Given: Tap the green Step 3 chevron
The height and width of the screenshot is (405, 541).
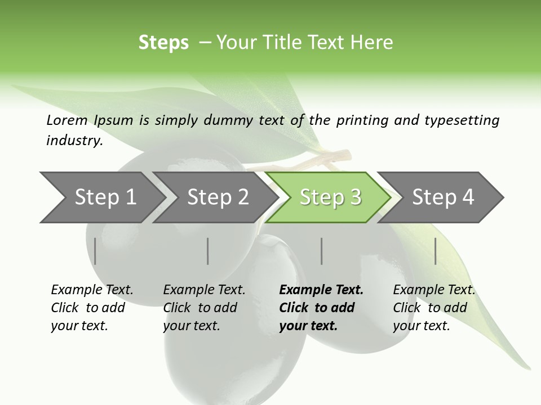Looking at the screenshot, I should [330, 197].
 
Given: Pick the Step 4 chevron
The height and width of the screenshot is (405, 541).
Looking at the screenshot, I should [443, 197].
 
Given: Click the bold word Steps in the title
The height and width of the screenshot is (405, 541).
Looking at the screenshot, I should [163, 43].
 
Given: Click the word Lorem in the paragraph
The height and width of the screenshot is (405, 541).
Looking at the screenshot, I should [67, 120].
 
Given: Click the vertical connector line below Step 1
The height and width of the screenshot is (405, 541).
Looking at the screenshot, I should [95, 251].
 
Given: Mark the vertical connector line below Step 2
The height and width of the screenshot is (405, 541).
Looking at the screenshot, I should [208, 251].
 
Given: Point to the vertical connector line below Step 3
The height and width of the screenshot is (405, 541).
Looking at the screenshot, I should [321, 251].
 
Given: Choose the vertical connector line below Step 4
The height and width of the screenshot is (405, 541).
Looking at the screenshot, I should [436, 251].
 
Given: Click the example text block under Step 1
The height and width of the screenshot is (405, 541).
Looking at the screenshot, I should [92, 308].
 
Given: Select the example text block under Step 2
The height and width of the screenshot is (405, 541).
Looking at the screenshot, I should [204, 308].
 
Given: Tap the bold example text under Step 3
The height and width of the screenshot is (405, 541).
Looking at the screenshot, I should [321, 308].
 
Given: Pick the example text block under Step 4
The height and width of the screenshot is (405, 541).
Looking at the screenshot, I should [434, 308].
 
